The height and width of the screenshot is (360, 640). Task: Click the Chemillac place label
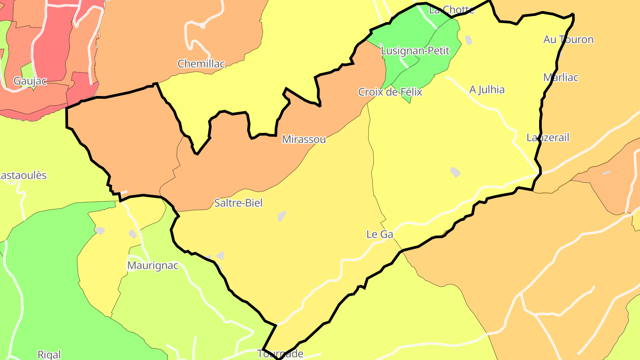[x=201, y=64]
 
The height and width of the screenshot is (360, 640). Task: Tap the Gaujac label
[x=30, y=81]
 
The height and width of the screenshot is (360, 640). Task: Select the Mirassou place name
[x=304, y=140]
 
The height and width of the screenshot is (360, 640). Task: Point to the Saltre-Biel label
[x=238, y=203]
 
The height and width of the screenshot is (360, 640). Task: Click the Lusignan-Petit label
[x=415, y=51]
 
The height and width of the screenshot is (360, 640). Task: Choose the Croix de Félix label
[x=390, y=92]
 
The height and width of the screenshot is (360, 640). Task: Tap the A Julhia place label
[x=487, y=90]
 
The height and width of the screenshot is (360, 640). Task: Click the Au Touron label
[x=568, y=40]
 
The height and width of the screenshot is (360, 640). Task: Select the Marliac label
[x=561, y=77]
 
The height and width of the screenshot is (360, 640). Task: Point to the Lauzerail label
[x=548, y=138]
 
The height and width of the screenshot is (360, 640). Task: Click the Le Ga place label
[x=380, y=234]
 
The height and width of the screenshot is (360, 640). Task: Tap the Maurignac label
[x=152, y=266]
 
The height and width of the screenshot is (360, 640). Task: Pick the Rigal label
[x=49, y=355]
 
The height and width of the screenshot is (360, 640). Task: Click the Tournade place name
[x=280, y=354]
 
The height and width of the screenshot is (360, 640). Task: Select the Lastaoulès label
[x=22, y=175]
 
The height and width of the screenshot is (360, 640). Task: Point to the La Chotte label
[x=452, y=10]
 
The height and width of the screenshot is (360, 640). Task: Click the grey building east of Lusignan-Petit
[x=468, y=40]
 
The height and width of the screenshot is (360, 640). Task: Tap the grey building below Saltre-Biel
[x=282, y=216]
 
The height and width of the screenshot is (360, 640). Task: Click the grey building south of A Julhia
[x=455, y=172]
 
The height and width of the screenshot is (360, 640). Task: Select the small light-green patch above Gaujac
[x=28, y=69]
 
